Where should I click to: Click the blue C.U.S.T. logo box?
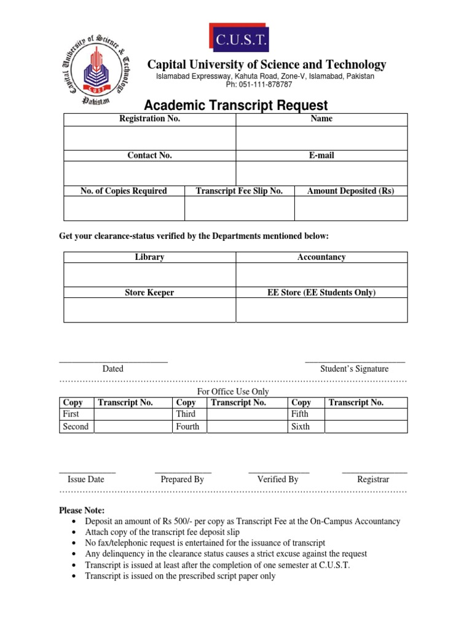coord(239,39)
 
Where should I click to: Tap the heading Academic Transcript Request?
coord(236,106)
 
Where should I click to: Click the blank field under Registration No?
coord(149,137)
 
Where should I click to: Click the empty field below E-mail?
coord(321,173)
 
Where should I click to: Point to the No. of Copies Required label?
coord(124,191)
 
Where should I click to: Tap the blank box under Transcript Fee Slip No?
coord(239,209)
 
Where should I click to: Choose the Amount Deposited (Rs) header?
coord(350,191)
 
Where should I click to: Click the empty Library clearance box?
coord(149,275)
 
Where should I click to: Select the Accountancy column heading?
coord(321,257)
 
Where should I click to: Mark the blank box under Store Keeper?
coord(149,310)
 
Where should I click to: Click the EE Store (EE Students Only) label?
coord(321,293)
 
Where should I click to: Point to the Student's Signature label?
coord(354,369)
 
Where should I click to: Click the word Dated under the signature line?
coord(112,369)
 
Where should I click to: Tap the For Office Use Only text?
coord(233,391)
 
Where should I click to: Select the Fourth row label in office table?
coord(187,426)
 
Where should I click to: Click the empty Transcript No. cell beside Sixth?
coord(366,426)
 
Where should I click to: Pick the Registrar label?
coord(373,479)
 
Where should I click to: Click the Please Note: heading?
coord(82,510)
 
